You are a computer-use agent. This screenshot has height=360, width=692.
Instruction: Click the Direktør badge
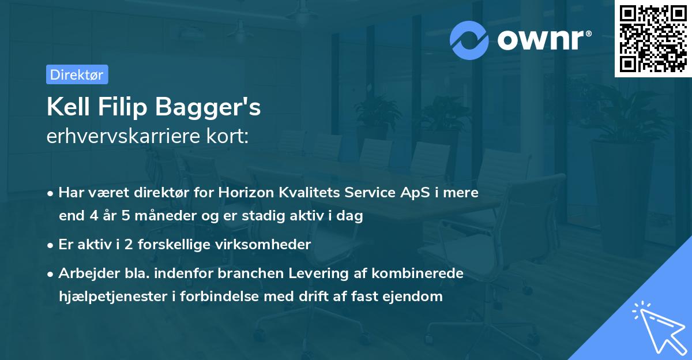tap(77, 74)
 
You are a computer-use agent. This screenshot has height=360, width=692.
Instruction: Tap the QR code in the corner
tap(652, 39)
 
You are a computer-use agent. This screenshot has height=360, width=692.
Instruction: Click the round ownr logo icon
tap(470, 39)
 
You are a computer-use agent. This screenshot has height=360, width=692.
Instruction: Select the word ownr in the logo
tap(542, 39)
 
